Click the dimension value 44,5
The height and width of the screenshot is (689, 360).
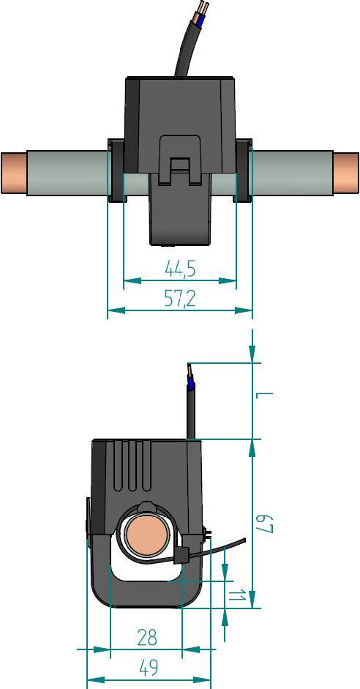tap(179, 269)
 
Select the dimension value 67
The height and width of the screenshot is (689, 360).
tap(264, 524)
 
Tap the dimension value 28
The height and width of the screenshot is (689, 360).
tap(147, 638)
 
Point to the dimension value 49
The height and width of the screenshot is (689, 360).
tap(149, 668)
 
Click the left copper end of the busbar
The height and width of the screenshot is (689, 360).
tap(13, 173)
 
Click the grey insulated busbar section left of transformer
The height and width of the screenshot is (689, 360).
tap(66, 173)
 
